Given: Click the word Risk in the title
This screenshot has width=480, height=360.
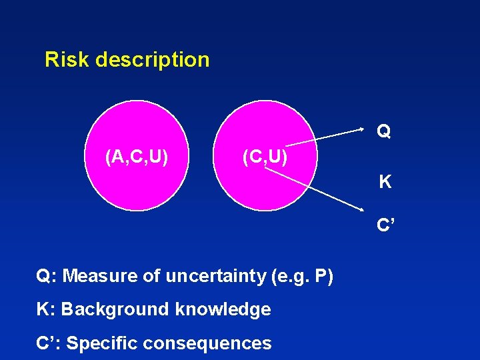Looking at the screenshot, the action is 67,60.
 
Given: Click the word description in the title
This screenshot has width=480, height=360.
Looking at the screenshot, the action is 153,60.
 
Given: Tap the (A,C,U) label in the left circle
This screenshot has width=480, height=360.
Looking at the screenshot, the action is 136,157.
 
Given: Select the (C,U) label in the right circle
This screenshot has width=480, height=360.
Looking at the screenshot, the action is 265,157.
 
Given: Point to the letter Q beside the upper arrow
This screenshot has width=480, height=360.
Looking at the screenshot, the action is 383,132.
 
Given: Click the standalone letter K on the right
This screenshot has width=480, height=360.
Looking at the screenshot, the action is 385,181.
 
